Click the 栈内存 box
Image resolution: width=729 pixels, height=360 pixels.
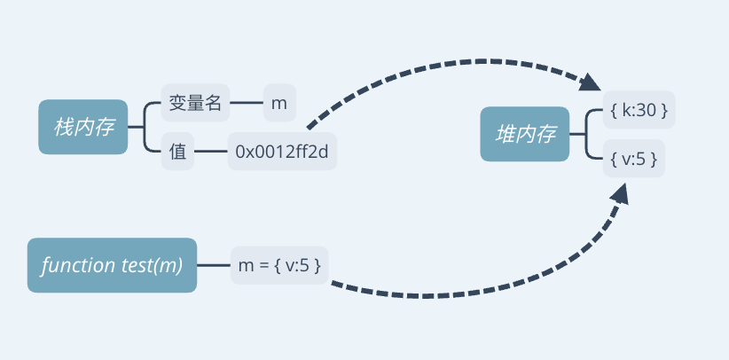pos(82,127)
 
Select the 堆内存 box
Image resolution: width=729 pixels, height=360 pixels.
pos(524,134)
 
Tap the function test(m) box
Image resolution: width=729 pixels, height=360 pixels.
pos(112,265)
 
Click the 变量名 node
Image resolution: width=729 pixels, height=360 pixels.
pos(195,102)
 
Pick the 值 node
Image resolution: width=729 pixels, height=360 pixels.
pos(177,151)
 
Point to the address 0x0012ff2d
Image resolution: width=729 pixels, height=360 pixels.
pos(282,151)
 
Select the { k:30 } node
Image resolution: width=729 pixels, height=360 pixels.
pos(639,110)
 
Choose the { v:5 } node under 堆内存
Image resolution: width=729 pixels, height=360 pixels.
pos(634,159)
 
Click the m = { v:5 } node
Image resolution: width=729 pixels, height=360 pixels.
pos(279,265)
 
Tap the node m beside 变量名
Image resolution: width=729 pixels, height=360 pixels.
pos(279,102)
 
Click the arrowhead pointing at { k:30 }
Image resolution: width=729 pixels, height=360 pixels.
pos(590,82)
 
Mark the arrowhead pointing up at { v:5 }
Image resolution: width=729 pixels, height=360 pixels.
pos(620,193)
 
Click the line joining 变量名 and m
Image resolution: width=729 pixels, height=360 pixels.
pos(247,102)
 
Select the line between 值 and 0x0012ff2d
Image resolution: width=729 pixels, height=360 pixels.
pos(210,151)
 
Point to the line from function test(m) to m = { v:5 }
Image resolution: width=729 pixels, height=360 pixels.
pos(214,265)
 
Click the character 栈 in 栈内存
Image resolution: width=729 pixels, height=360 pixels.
pos(63,127)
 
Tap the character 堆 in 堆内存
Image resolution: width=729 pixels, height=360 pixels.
pos(505,134)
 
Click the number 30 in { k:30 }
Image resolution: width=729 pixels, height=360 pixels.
pos(646,110)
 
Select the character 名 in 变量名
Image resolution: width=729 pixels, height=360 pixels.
pos(214,102)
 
